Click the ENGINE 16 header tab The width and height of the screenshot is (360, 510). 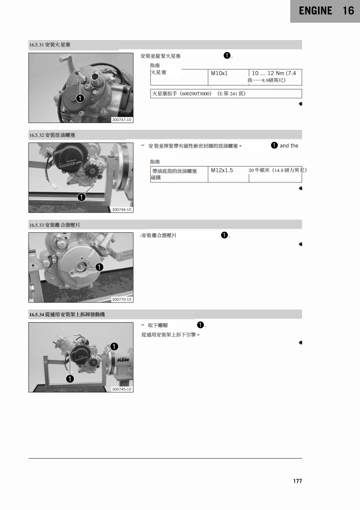click(x=325, y=11)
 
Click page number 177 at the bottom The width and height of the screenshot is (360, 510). click(x=297, y=481)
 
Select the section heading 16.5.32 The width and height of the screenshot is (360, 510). click(x=52, y=135)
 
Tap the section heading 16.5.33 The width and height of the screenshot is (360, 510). click(x=54, y=225)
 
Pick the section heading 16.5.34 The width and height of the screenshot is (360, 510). click(x=67, y=314)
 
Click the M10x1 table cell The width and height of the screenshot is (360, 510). click(x=219, y=74)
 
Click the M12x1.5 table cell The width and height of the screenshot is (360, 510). click(x=222, y=170)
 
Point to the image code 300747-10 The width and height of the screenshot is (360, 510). click(x=122, y=120)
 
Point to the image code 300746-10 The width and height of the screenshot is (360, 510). click(x=122, y=210)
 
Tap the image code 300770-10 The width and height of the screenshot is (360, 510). click(x=122, y=299)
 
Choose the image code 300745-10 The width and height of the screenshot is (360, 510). click(x=122, y=389)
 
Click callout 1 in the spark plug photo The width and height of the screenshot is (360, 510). click(x=79, y=98)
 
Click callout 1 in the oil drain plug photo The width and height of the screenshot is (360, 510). click(x=81, y=197)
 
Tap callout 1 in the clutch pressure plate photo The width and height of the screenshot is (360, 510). click(x=99, y=267)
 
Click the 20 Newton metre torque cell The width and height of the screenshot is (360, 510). click(x=277, y=170)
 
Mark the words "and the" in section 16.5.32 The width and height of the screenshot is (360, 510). click(x=289, y=146)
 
